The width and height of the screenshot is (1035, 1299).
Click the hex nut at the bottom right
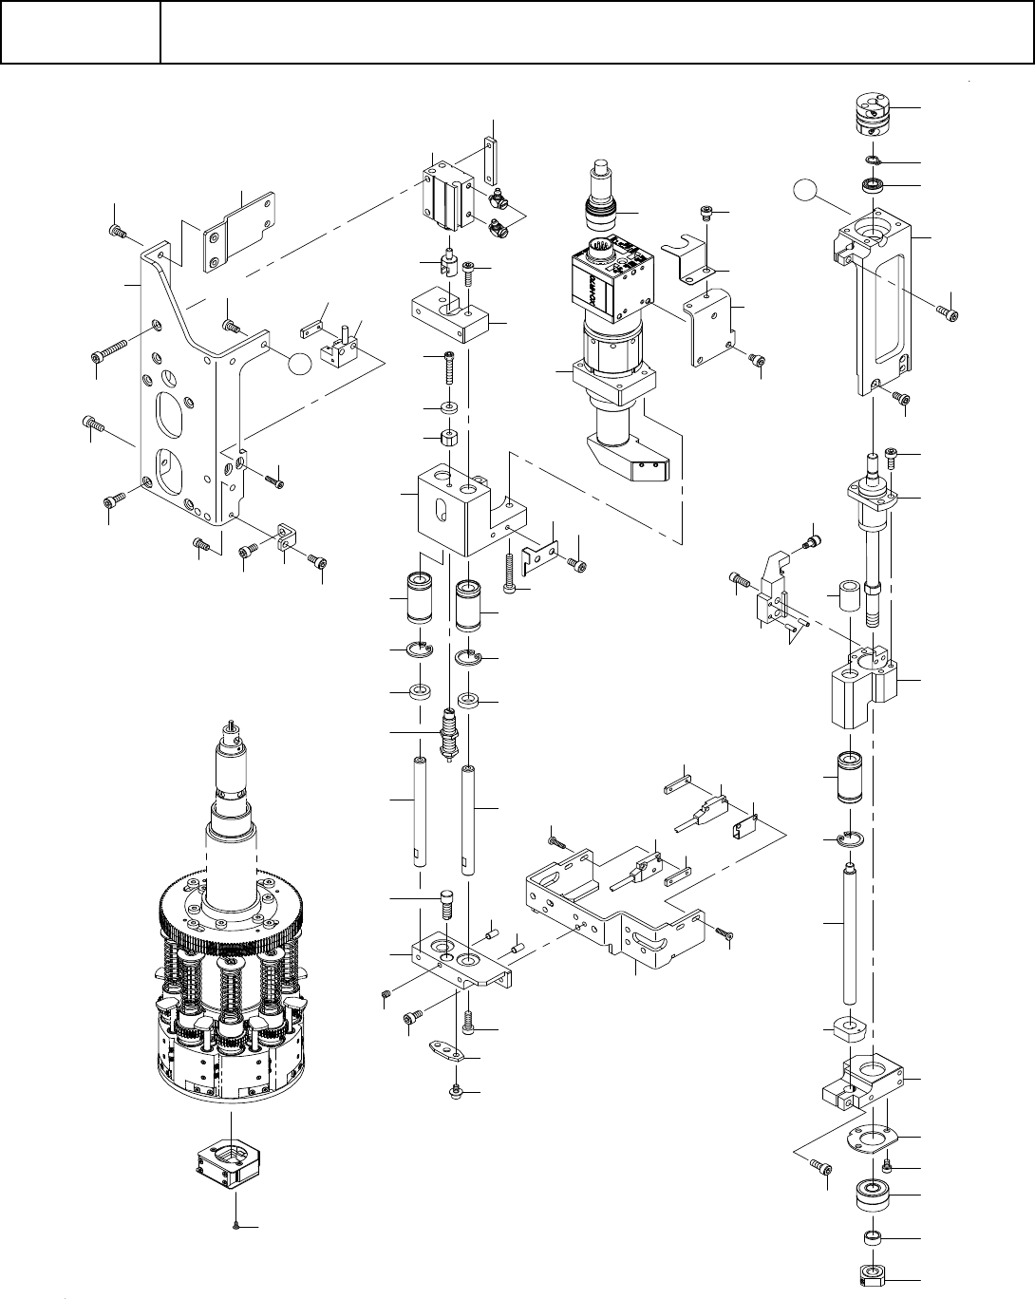pyautogui.click(x=871, y=1275)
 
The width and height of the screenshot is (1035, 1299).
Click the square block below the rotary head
pyautogui.click(x=229, y=1161)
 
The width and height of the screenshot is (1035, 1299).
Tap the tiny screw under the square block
pyautogui.click(x=235, y=1225)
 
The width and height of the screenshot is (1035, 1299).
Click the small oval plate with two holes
pyautogui.click(x=443, y=1053)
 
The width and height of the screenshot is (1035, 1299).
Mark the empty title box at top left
pyautogui.click(x=80, y=31)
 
